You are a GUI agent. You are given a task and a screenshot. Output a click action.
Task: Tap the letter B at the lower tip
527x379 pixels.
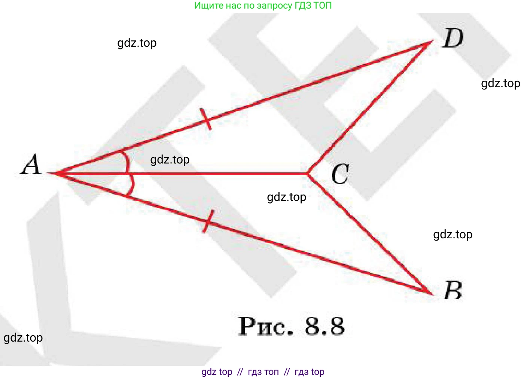click(x=453, y=291)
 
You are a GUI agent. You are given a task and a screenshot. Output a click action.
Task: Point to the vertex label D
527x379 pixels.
click(x=453, y=39)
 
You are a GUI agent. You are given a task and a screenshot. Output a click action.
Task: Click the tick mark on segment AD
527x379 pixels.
click(x=206, y=119)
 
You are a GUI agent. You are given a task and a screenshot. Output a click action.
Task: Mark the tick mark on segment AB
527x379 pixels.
click(x=208, y=221)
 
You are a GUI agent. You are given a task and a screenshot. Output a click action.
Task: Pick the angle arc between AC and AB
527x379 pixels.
click(x=131, y=186)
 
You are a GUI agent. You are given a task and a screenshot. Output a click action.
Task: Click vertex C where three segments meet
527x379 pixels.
click(x=308, y=174)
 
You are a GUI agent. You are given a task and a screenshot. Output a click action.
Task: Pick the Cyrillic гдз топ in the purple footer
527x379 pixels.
click(x=263, y=372)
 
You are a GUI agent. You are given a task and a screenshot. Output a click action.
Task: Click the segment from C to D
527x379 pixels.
click(x=370, y=107)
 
